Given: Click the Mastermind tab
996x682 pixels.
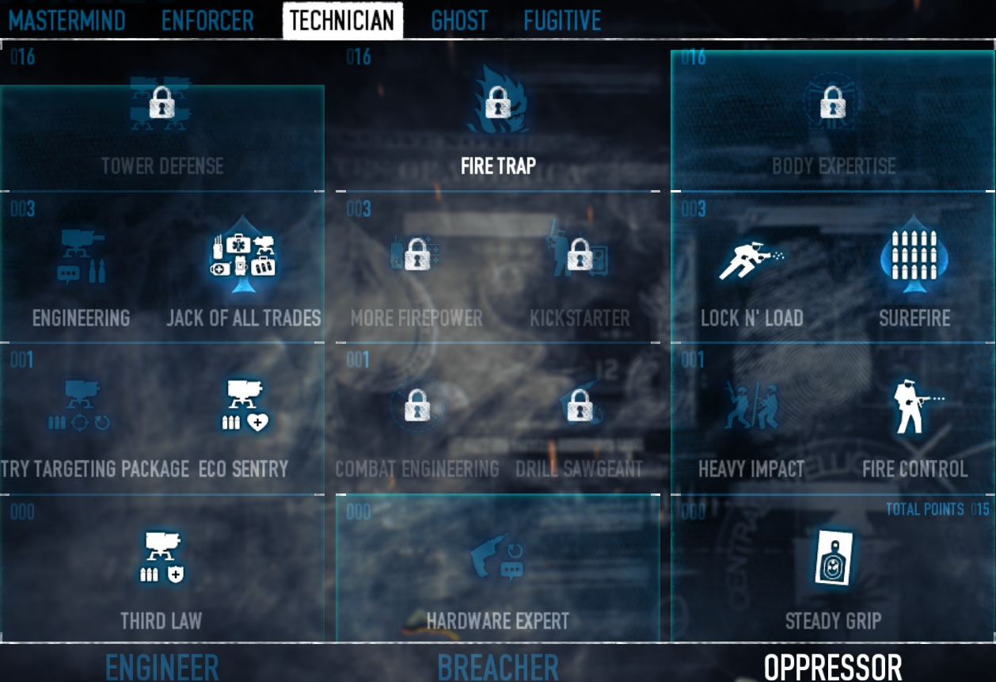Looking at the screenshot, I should pyautogui.click(x=67, y=20).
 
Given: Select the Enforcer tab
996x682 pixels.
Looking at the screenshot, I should pyautogui.click(x=207, y=20).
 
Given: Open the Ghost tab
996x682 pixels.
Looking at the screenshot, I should pyautogui.click(x=459, y=20).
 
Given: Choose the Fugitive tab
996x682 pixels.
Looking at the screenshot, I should pyautogui.click(x=562, y=20).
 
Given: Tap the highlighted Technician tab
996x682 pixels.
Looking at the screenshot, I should pyautogui.click(x=342, y=20).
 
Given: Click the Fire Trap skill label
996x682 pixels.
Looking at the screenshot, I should pyautogui.click(x=498, y=166).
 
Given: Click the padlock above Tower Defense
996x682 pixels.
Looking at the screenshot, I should pyautogui.click(x=162, y=102).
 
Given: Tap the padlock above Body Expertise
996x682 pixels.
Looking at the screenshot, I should pyautogui.click(x=832, y=102).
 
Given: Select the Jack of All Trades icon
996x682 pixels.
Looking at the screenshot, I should pyautogui.click(x=243, y=255).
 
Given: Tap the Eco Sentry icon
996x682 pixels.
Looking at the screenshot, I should pyautogui.click(x=245, y=406).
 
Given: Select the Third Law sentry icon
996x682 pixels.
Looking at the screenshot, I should pyautogui.click(x=162, y=558).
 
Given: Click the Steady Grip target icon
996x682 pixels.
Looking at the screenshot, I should pyautogui.click(x=833, y=558).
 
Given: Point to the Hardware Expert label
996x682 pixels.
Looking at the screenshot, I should pyautogui.click(x=498, y=621).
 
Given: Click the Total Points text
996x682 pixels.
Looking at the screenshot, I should pyautogui.click(x=925, y=509).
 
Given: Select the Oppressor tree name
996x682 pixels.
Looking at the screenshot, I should pyautogui.click(x=833, y=667).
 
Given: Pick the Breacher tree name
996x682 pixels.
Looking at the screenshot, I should pyautogui.click(x=498, y=667).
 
